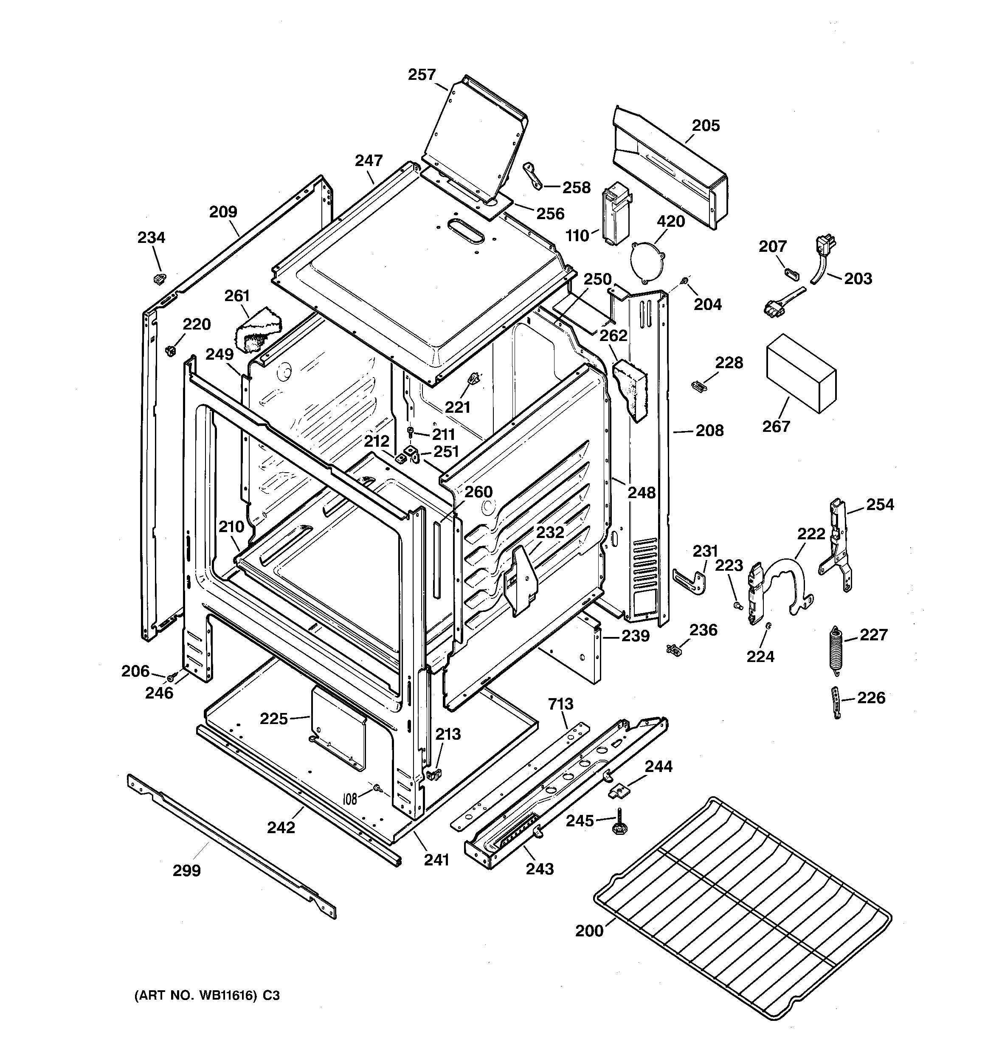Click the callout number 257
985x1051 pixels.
[422, 75]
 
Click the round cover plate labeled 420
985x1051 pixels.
[649, 261]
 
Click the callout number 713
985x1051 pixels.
[560, 704]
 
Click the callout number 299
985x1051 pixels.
[187, 870]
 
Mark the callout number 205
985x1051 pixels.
[706, 126]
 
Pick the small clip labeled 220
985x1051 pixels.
[170, 350]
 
